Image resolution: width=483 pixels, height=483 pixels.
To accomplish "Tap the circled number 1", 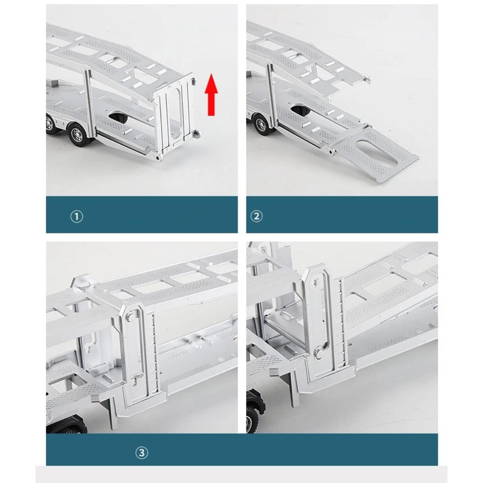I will (76, 217).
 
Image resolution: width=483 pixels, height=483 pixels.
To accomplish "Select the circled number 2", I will (256, 217).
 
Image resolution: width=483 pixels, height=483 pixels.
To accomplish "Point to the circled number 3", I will (142, 453).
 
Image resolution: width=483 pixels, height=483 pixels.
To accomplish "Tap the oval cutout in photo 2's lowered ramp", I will (377, 153).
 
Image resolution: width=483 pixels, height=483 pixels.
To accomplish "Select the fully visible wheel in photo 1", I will (76, 134).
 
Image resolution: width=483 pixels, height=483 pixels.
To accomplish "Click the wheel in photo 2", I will (260, 125).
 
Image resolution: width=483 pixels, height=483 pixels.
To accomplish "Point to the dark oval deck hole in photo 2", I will (300, 111).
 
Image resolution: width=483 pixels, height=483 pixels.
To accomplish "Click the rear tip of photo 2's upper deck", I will (368, 80).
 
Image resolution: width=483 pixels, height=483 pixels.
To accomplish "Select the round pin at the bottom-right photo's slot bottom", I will (319, 351).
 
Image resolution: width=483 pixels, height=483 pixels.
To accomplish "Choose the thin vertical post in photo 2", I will (270, 94).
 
